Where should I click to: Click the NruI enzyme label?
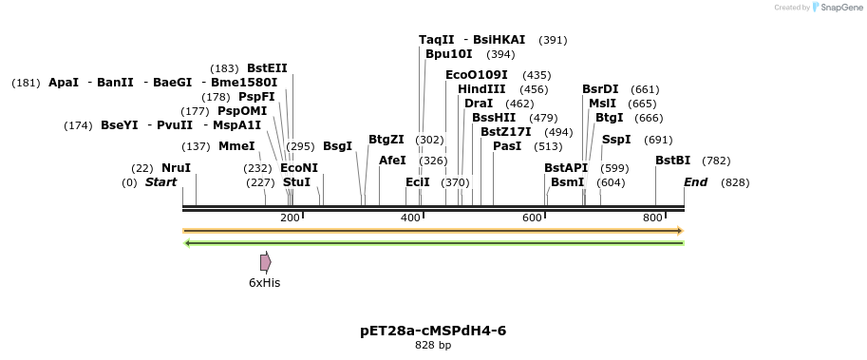coord(176,168)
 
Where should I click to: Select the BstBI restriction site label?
coord(672,161)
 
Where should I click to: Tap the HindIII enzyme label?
coord(481,89)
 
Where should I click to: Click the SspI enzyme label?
coord(616,140)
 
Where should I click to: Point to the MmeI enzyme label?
coord(236,146)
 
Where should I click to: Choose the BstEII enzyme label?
coord(267,68)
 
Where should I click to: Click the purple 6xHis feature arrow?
coord(266,262)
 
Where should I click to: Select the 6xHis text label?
coord(264,283)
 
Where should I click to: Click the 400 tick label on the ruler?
coord(410,218)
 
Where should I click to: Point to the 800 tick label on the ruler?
coord(652,218)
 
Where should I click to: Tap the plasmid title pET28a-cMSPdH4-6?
coord(433,331)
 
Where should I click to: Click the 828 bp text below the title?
coord(433,346)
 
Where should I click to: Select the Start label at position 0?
coord(160,182)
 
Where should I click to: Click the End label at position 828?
coord(695,182)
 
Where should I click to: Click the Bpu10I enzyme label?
coord(448,54)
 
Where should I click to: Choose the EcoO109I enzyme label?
coord(477,75)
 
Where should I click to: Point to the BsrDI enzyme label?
coord(600,89)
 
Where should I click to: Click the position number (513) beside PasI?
coord(548,146)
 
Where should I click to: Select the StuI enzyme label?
coord(296,182)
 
